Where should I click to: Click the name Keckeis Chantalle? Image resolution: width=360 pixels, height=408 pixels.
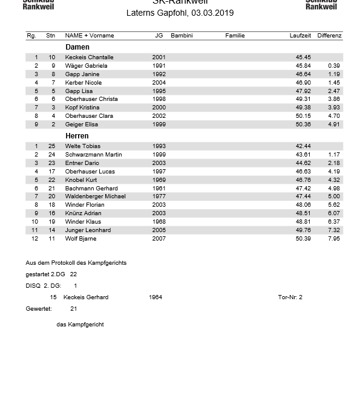coord(89,57)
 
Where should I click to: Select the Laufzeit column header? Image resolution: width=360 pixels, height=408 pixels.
coord(300,36)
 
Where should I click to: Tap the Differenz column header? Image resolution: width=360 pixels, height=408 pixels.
coord(329,36)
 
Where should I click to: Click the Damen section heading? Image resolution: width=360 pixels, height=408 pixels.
coord(77,47)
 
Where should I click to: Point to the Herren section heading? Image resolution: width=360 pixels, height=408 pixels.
coord(77,136)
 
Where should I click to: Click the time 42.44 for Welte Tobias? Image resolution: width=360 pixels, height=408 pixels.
coord(303,146)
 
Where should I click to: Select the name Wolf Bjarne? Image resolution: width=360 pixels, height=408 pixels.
coord(80,239)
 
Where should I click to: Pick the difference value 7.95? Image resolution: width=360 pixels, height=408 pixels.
coord(334,239)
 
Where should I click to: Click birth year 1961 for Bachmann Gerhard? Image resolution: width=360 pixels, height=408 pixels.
coord(159,189)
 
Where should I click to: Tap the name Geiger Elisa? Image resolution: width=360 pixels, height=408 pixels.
coord(82,125)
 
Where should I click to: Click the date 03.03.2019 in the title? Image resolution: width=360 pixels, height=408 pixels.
coord(212,13)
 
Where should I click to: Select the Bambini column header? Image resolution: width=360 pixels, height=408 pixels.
coord(182,36)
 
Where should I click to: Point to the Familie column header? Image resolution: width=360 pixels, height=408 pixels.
coord(235,36)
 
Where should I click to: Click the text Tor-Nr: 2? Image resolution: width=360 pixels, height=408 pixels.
coord(290,297)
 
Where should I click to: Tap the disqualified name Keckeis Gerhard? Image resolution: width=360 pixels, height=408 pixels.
coord(86,297)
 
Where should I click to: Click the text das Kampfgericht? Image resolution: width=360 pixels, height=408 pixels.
coord(80,325)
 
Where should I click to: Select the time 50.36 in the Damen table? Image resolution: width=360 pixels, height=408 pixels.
coord(303,125)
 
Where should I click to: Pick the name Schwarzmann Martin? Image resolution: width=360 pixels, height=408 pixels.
coord(93,155)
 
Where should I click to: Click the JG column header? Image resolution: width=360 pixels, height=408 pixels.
coord(159,36)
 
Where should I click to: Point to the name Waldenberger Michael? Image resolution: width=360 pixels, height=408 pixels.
coord(96,196)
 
